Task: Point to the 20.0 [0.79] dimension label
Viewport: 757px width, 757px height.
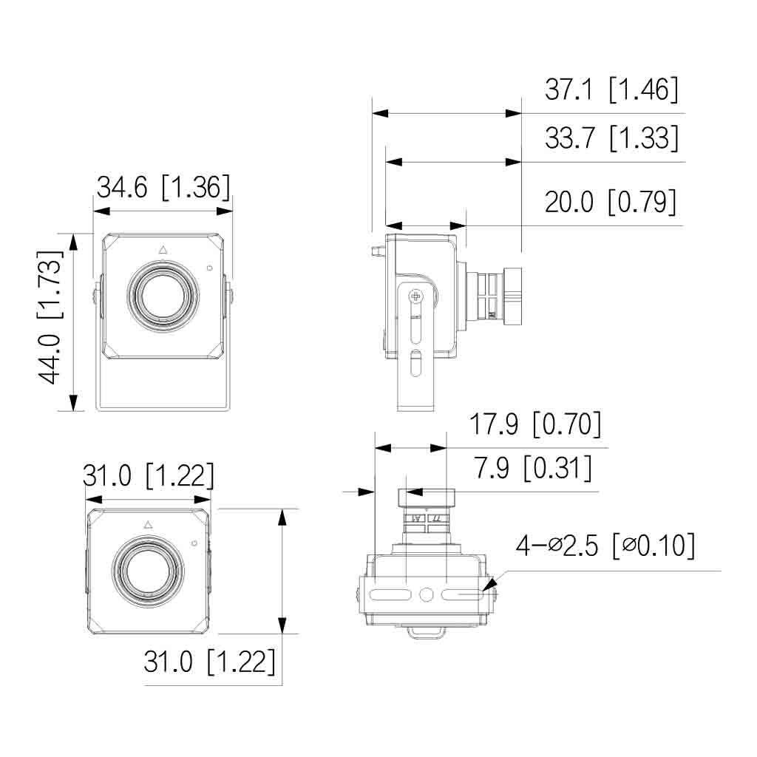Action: [611, 201]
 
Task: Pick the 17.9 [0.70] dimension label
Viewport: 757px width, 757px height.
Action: [535, 425]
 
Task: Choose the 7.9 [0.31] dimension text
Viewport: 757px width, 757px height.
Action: [532, 469]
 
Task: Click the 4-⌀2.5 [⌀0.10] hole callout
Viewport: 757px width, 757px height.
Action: [605, 546]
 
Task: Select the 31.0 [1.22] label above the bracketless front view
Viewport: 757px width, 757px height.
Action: [148, 476]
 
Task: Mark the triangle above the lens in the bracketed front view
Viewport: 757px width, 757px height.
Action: [163, 250]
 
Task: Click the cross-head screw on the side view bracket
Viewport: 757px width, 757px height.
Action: [416, 296]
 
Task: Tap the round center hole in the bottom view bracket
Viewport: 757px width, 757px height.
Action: [427, 594]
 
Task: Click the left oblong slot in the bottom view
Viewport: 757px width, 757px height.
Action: [390, 595]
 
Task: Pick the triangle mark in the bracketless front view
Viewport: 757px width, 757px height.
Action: [147, 524]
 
